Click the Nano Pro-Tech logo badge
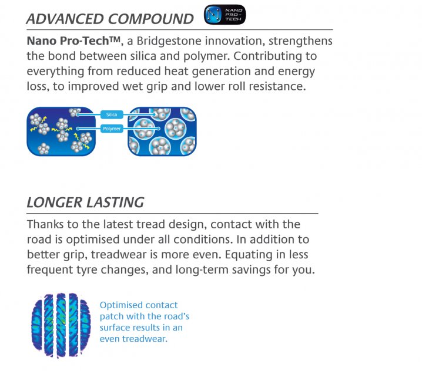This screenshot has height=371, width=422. pos(225,15)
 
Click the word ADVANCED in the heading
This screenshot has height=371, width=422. pos(65,19)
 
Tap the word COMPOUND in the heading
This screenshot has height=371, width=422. pos(150,19)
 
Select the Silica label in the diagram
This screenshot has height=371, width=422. pos(112,114)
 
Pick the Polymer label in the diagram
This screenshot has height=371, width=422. pos(112,129)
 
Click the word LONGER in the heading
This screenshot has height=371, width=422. pos(54,203)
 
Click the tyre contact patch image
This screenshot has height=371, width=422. pos(61,325)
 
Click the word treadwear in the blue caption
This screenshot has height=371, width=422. pos(145,339)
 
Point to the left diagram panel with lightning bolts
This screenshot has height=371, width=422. pos(61,131)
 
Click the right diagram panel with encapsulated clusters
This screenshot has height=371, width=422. pos(162,131)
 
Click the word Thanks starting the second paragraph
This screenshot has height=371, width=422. pos(45,224)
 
